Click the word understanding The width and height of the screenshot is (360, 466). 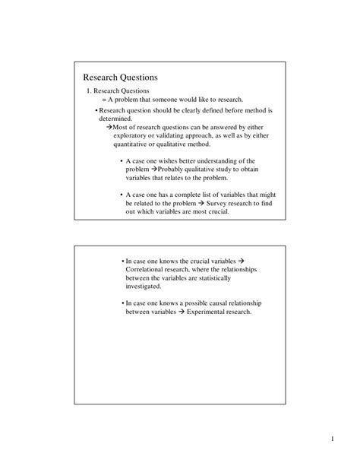point(217,160)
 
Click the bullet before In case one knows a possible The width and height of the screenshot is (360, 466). point(122,303)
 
